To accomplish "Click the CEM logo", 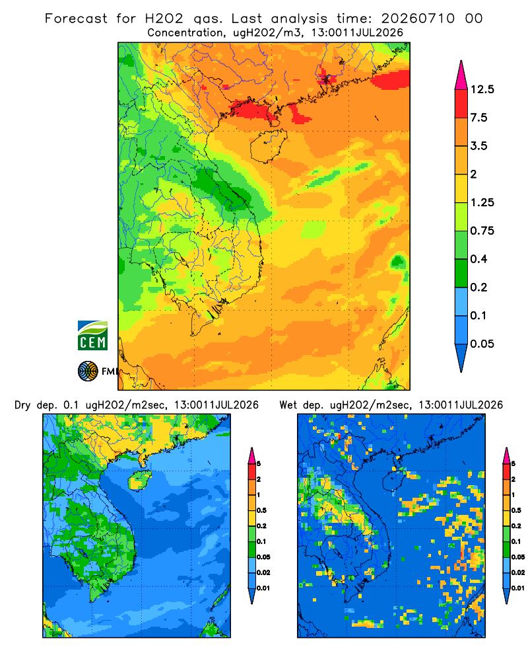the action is tap(92, 335).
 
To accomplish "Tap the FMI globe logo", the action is tap(88, 371).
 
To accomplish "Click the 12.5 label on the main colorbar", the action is tap(482, 89).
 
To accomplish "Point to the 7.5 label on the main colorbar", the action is tap(478, 118).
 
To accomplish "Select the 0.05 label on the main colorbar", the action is tap(482, 344).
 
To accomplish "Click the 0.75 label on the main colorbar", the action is tap(482, 231).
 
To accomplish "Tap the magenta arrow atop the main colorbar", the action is tap(461, 75).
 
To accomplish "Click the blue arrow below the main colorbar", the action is tap(461, 358).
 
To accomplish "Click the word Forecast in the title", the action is tap(76, 19).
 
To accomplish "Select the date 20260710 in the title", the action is tap(418, 19).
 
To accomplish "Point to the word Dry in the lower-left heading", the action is tap(22, 405).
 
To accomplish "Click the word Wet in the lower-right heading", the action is tap(288, 405).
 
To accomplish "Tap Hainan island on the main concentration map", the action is tap(268, 145).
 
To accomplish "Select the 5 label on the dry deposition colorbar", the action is tap(259, 464).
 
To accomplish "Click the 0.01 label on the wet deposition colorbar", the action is tap(518, 588).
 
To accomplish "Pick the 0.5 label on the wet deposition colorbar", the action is tap(516, 510).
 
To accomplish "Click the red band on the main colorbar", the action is tap(461, 104).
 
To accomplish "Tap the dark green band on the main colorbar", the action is tap(461, 273).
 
